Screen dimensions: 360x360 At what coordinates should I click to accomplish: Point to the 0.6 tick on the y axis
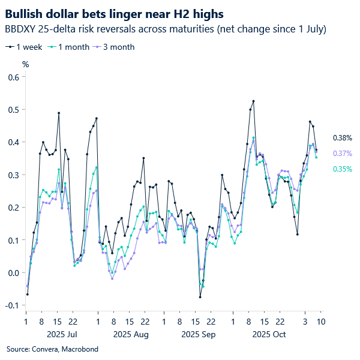[13, 77]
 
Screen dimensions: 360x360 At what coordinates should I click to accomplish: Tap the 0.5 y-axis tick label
[13, 110]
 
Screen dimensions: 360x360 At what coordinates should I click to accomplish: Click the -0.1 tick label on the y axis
[12, 305]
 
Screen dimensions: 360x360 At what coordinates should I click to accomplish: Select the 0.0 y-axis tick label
[13, 273]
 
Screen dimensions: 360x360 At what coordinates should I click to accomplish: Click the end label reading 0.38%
[342, 138]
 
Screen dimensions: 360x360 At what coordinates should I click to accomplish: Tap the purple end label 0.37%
[342, 154]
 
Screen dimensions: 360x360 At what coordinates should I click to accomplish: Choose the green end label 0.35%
[342, 169]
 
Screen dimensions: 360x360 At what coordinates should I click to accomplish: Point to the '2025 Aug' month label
[131, 334]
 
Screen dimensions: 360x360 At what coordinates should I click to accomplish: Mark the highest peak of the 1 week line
[253, 101]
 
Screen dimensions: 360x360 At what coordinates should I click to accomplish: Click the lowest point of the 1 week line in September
[200, 297]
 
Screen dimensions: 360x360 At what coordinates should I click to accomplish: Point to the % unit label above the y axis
[25, 64]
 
